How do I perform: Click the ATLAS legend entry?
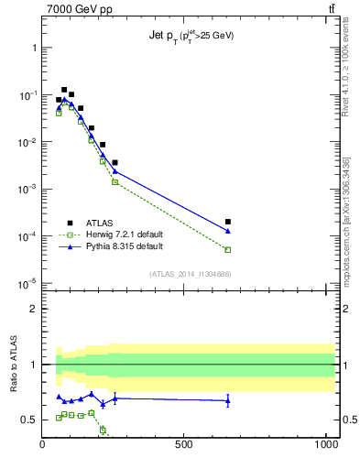click(x=88, y=223)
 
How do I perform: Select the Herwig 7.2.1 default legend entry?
click(x=112, y=234)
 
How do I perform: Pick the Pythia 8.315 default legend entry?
click(x=111, y=247)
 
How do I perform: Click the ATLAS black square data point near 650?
click(x=228, y=222)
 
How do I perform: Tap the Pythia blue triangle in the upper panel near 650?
click(x=228, y=231)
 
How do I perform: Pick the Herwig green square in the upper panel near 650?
click(x=228, y=249)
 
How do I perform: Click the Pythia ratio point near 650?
click(x=228, y=400)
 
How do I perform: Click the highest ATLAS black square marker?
click(x=64, y=90)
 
